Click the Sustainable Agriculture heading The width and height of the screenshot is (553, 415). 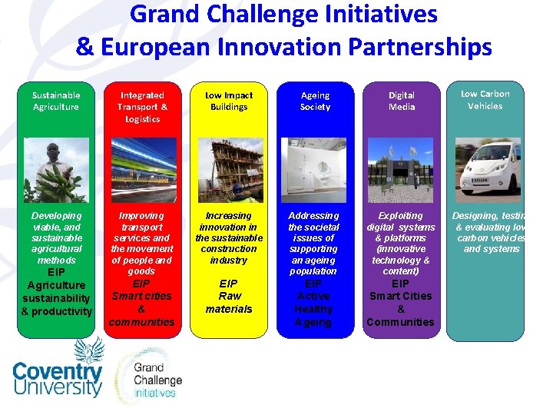55,101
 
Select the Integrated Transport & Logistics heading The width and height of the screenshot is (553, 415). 142,107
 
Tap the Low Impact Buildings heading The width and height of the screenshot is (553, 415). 228,101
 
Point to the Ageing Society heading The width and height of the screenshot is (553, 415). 315,101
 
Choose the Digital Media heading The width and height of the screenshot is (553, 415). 401,101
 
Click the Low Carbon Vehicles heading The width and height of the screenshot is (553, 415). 485,100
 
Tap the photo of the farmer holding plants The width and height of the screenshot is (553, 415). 55,170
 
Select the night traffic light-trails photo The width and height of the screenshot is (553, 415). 142,170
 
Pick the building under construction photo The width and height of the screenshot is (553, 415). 228,170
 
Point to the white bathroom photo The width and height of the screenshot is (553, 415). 314,170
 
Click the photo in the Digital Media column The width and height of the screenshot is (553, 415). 401,170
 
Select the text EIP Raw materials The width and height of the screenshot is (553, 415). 229,296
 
